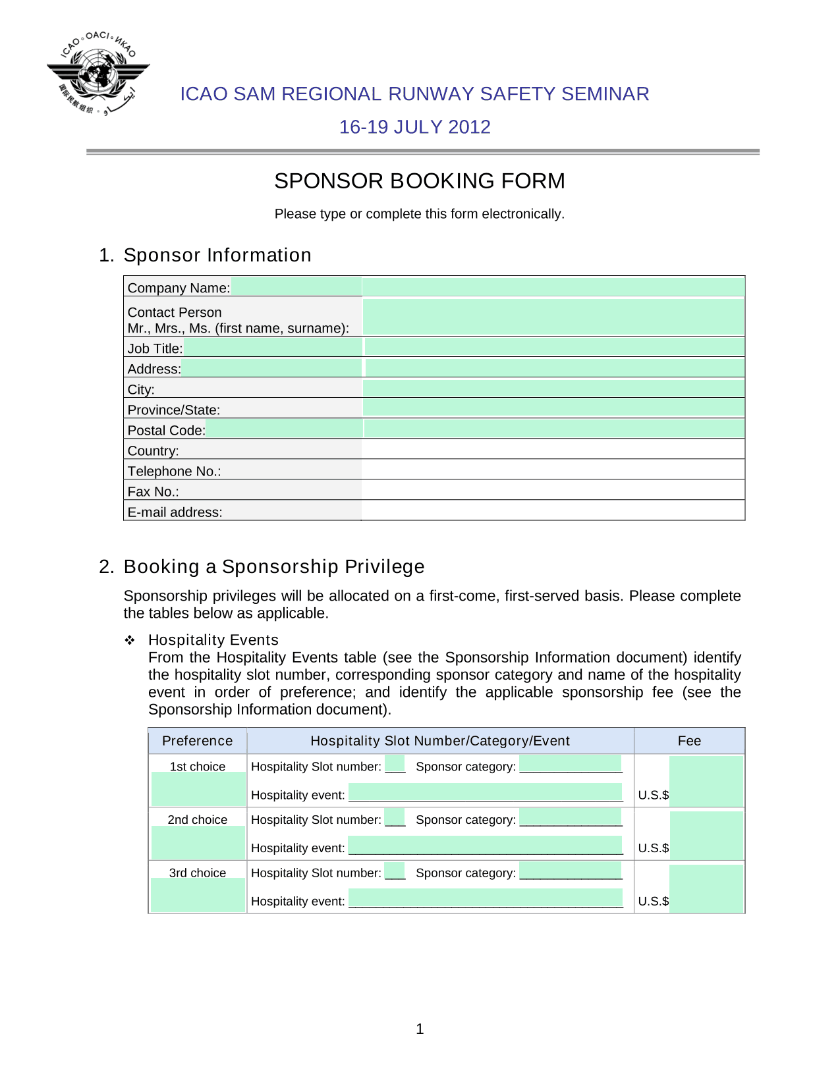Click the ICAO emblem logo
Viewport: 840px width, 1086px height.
tap(98, 73)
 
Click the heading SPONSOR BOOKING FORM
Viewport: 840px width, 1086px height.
tap(420, 181)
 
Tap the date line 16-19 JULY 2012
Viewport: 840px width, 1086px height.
tap(414, 127)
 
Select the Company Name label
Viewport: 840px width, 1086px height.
tap(179, 288)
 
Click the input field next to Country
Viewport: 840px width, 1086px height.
tap(553, 450)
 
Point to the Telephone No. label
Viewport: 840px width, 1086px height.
tap(174, 471)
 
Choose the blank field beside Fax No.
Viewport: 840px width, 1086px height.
tap(553, 491)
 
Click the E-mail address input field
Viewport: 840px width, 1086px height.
tap(553, 511)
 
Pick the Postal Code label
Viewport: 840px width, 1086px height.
tap(166, 430)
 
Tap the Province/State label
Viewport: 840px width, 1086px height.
tap(174, 410)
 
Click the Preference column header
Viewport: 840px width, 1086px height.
tap(197, 741)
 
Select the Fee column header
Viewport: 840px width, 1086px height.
tap(689, 741)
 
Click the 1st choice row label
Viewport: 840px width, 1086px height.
tap(197, 767)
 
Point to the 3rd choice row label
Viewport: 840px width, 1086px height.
tap(197, 873)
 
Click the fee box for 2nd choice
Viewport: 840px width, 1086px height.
tap(706, 835)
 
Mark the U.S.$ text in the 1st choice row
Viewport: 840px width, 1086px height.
tap(653, 795)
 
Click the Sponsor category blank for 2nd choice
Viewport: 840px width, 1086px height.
tap(571, 818)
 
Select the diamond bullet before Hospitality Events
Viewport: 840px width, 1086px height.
tap(130, 640)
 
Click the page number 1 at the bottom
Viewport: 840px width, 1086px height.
tap(420, 1029)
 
